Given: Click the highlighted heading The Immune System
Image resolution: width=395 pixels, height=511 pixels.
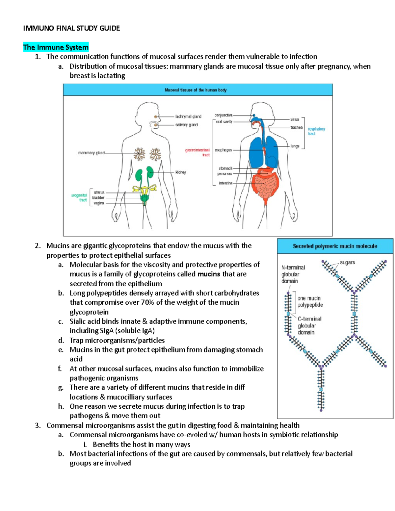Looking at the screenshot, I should (x=56, y=47).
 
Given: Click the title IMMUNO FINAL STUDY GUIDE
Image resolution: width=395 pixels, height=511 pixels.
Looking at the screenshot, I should (x=71, y=28).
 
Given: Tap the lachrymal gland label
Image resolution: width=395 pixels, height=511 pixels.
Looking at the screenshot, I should (x=188, y=116).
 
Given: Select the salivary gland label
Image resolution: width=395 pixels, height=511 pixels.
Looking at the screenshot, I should (x=186, y=125).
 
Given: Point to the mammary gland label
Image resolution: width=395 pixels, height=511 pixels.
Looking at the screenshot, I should (x=91, y=153).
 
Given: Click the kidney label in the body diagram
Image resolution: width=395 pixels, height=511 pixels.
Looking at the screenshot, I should (x=180, y=172).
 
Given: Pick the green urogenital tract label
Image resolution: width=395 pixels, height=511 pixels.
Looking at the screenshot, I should (x=79, y=197).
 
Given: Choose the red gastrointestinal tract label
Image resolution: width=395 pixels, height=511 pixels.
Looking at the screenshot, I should (x=198, y=152).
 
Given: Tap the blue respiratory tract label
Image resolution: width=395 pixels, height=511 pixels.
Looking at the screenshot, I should (x=316, y=131).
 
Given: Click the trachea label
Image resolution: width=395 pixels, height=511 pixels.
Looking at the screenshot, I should (x=296, y=127).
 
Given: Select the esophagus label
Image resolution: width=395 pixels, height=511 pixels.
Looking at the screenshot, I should (x=223, y=150).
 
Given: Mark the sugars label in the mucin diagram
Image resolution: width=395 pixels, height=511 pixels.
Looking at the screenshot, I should (x=347, y=262).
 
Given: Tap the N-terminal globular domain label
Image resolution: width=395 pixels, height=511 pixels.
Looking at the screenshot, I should (x=293, y=274).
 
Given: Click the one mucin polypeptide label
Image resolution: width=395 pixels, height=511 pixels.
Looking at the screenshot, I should (x=310, y=301).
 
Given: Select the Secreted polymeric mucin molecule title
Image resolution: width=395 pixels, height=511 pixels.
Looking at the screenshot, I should (x=335, y=246).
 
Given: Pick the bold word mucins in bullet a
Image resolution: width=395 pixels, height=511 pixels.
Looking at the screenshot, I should (x=209, y=274).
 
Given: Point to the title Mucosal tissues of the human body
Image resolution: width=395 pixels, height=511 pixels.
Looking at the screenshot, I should (x=196, y=90).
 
